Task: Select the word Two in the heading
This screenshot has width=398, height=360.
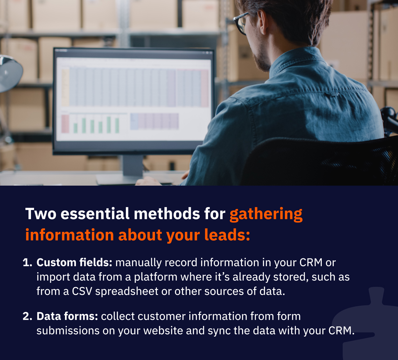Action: pyautogui.click(x=41, y=214)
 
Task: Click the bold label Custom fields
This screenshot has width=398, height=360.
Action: pyautogui.click(x=74, y=262)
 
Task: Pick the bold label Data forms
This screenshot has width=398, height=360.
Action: pyautogui.click(x=67, y=316)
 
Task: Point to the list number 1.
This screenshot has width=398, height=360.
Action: pyautogui.click(x=27, y=262)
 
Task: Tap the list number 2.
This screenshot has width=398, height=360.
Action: pyautogui.click(x=27, y=316)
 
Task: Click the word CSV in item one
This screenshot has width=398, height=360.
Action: pyautogui.click(x=82, y=291)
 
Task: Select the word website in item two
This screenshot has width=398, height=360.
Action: pyautogui.click(x=163, y=331)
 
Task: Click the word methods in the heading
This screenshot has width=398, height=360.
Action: pyautogui.click(x=167, y=214)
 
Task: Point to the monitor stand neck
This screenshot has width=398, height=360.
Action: pyautogui.click(x=133, y=165)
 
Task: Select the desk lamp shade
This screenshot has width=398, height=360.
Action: pyautogui.click(x=10, y=73)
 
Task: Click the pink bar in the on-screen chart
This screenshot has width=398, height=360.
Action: pyautogui.click(x=65, y=124)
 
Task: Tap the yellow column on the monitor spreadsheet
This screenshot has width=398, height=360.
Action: pyautogui.click(x=66, y=87)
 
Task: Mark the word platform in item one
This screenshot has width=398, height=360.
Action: pyautogui.click(x=156, y=277)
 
